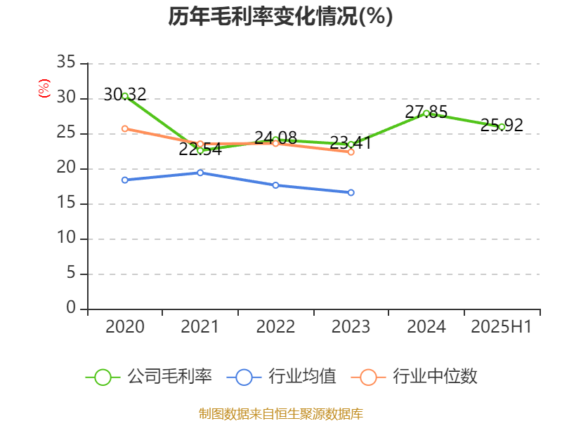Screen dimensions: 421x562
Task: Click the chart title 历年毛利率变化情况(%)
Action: pyautogui.click(x=280, y=17)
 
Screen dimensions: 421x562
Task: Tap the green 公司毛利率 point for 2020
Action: pyautogui.click(x=125, y=95)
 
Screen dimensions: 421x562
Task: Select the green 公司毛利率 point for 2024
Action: pyautogui.click(x=426, y=113)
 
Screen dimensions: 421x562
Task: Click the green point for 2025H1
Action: pyautogui.click(x=502, y=127)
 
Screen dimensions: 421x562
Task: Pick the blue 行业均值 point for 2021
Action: pyautogui.click(x=200, y=173)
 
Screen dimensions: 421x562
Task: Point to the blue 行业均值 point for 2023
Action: pyautogui.click(x=351, y=192)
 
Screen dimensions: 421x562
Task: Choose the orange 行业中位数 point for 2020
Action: pyautogui.click(x=125, y=128)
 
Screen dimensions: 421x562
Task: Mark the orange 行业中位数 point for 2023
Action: pyautogui.click(x=351, y=152)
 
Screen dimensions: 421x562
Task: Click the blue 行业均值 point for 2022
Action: pyautogui.click(x=275, y=185)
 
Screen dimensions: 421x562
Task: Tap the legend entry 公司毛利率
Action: pyautogui.click(x=149, y=377)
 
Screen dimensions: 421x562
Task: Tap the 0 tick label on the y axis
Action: pyautogui.click(x=70, y=309)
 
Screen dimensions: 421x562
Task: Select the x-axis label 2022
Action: pyautogui.click(x=275, y=327)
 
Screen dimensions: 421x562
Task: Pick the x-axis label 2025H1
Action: pyautogui.click(x=502, y=327)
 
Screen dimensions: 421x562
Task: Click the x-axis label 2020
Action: pyautogui.click(x=125, y=327)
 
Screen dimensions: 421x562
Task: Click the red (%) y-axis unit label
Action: pyautogui.click(x=44, y=88)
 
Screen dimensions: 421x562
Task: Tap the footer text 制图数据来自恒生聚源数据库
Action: pyautogui.click(x=280, y=413)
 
